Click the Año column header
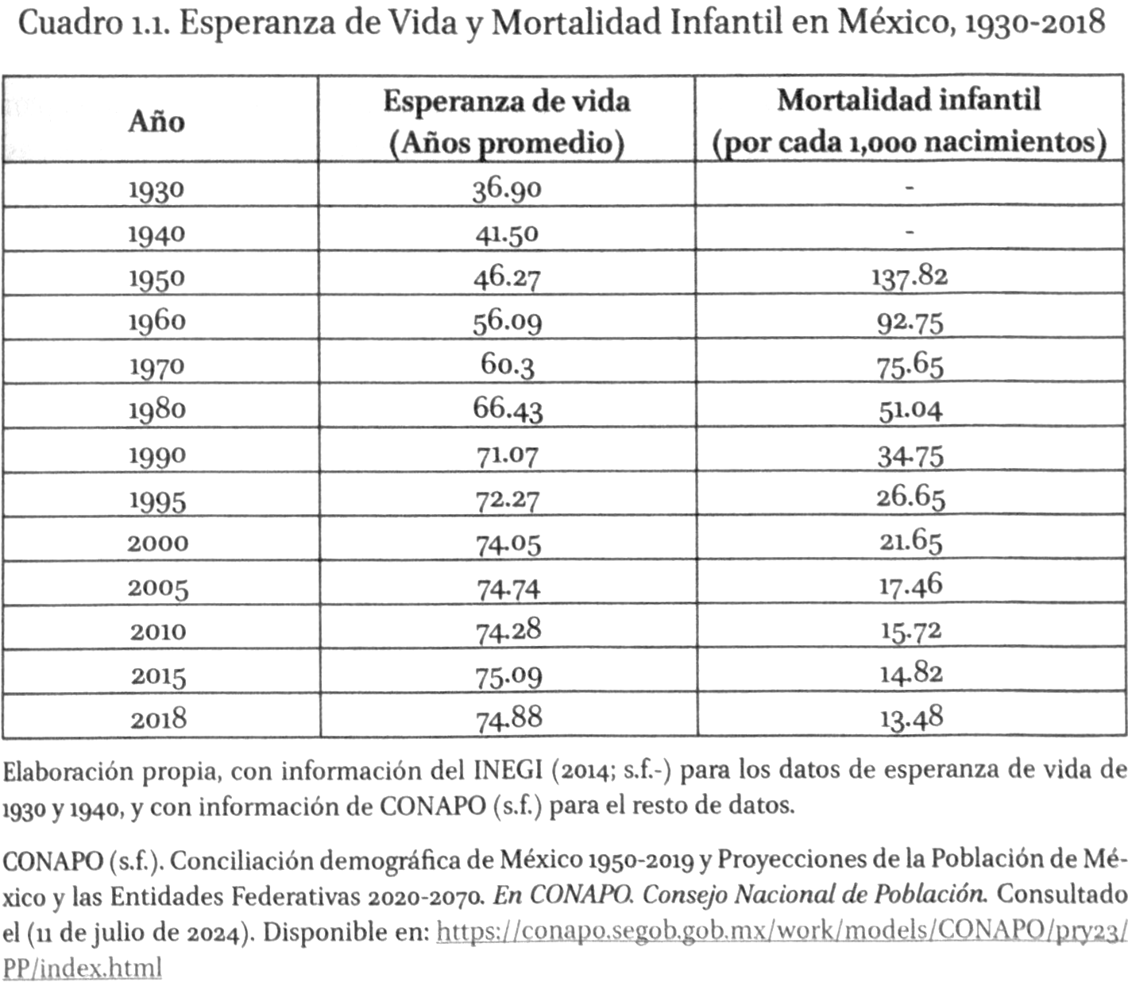tap(156, 122)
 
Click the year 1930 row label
tap(156, 190)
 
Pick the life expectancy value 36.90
tap(507, 189)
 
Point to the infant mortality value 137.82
tap(910, 276)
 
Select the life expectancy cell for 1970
tap(507, 365)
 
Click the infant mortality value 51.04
tap(910, 410)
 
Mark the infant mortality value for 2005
tap(910, 586)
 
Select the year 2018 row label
tap(159, 720)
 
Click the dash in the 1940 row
tap(910, 233)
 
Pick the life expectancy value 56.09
tap(507, 321)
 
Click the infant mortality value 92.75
tap(910, 322)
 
